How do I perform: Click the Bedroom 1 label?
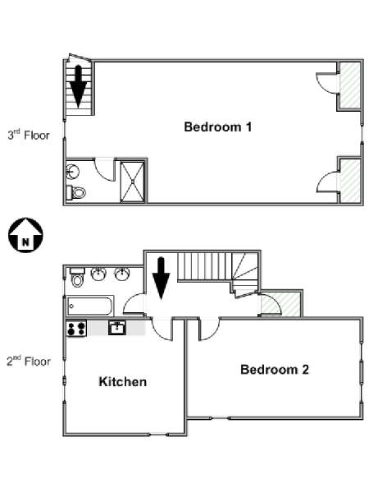point(218,127)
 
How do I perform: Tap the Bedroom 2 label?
point(275,369)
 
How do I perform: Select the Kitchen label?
point(123,382)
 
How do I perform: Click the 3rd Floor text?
point(29,135)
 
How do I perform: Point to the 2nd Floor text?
point(29,361)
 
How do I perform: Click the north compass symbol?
point(25,235)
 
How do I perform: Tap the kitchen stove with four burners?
point(76,328)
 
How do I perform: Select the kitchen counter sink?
point(117,328)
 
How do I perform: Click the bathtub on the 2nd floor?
point(89,306)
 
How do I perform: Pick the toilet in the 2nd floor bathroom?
point(78,277)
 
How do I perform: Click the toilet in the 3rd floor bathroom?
point(76,192)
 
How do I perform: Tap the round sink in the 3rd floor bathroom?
point(72,172)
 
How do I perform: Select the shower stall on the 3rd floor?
point(133,182)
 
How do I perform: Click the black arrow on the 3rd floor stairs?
point(78,86)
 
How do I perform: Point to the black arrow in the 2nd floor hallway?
point(162,279)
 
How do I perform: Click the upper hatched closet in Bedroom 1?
point(349,85)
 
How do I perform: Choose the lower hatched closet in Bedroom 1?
point(350,181)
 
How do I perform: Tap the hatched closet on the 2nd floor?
point(280,304)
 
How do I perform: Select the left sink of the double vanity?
point(98,274)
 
